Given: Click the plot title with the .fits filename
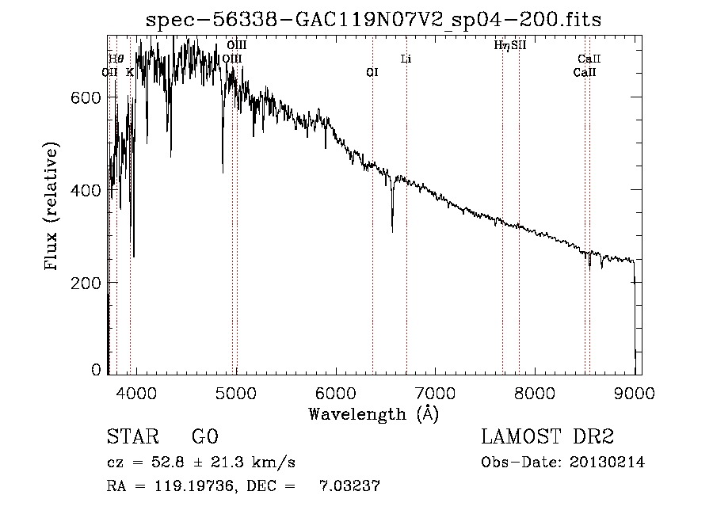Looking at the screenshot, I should (374, 21).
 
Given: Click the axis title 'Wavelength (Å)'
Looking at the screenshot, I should (373, 413).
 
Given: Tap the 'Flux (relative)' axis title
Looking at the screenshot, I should (53, 208).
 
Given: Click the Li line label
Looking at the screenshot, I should (406, 59).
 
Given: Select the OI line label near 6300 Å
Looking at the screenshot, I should (372, 72).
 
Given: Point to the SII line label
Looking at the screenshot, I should (519, 45).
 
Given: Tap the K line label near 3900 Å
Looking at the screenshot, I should (130, 72).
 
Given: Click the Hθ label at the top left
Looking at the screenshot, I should (116, 59).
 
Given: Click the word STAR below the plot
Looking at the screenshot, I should (128, 436).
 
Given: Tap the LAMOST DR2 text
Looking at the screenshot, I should (547, 436).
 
